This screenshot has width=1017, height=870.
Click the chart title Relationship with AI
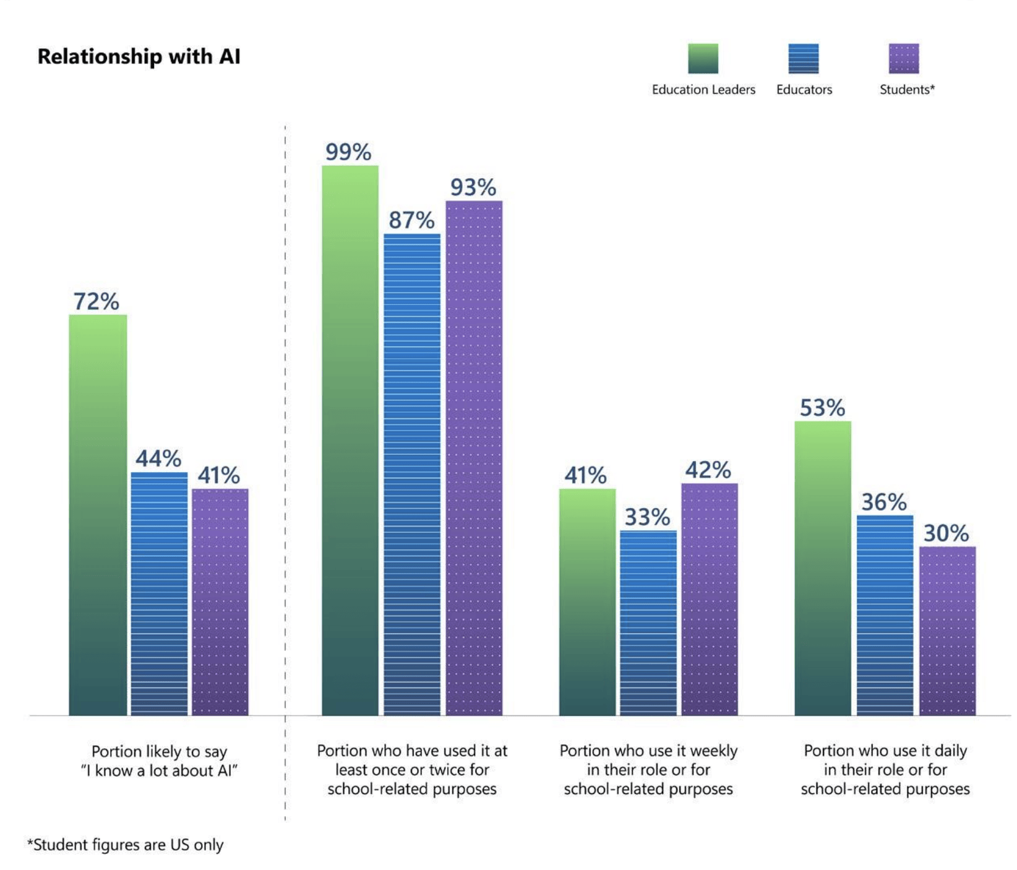coord(139,57)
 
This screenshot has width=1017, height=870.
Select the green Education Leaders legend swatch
coord(703,59)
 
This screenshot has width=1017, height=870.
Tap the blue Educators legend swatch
coord(803,59)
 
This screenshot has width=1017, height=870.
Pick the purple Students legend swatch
coord(903,59)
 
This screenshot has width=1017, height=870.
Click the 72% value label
coord(96,302)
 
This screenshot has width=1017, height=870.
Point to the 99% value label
coord(348,152)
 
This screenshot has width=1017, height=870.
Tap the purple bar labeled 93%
coord(474,458)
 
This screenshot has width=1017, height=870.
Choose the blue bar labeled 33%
coord(648,622)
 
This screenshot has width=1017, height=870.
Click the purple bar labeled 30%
coord(947,631)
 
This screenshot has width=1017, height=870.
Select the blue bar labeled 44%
coord(159,593)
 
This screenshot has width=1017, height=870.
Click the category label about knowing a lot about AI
coord(159,761)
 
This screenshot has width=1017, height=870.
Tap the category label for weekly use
coord(648,770)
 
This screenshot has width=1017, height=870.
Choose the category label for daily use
coord(885,770)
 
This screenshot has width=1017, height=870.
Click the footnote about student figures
coord(125,845)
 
